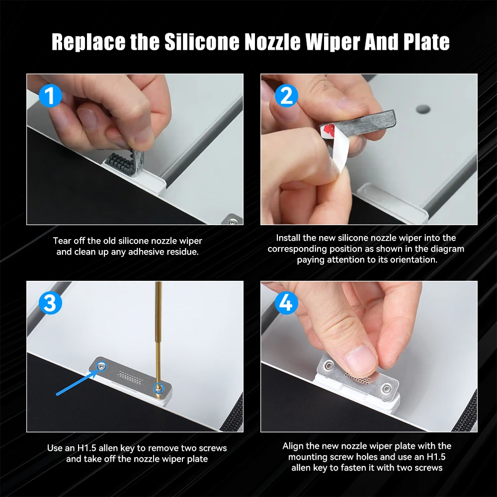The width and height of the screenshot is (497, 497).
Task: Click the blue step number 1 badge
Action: click(50, 96)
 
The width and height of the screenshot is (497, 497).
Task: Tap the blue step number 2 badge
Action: click(286, 96)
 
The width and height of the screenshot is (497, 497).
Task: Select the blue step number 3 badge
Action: click(50, 303)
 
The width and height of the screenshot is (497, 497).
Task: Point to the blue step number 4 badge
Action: click(286, 303)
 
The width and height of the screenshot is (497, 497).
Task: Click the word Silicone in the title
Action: click(202, 42)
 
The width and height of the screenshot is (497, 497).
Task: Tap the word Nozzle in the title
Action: click(272, 42)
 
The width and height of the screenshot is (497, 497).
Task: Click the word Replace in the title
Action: click(88, 42)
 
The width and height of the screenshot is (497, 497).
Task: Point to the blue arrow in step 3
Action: click(77, 383)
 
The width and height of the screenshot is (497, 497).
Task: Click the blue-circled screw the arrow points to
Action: click(101, 367)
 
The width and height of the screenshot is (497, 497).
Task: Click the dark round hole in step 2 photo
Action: click(423, 110)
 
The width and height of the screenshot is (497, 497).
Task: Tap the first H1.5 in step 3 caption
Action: click(86, 448)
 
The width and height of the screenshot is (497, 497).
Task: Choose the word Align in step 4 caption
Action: click(293, 446)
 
